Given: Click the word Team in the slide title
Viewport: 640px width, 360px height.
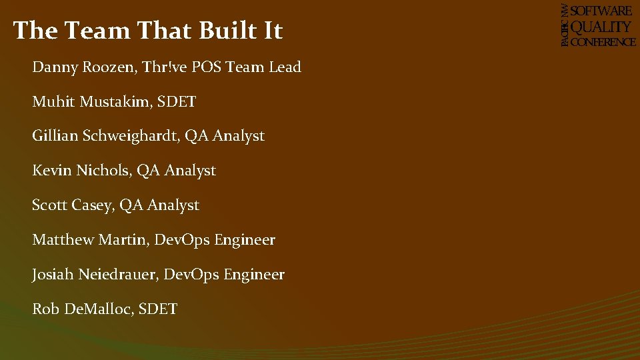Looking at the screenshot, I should [93, 31].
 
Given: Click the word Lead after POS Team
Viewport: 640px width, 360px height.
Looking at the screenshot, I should [285, 67].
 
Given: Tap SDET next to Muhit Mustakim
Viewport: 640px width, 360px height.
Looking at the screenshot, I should [179, 102].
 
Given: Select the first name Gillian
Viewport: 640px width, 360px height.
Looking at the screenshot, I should [55, 136].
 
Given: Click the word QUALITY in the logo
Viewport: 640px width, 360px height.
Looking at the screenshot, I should [602, 27].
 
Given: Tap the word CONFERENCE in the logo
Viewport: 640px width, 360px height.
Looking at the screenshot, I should [603, 41].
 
